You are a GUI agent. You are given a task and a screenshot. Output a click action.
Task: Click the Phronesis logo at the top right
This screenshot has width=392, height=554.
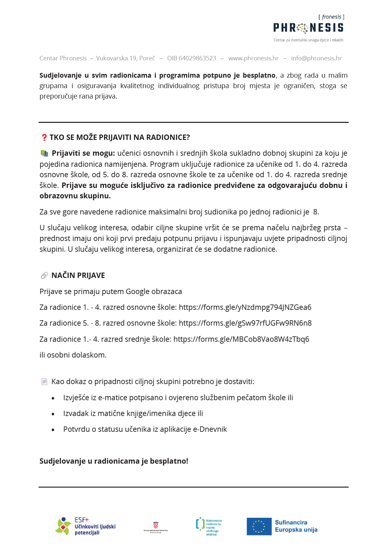point(308,28)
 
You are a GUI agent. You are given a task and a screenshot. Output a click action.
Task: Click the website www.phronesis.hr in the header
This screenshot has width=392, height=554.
point(254,58)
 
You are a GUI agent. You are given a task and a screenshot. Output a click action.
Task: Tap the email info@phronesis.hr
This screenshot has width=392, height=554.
point(316,58)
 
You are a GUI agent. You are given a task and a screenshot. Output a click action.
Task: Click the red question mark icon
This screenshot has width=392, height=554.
point(44,137)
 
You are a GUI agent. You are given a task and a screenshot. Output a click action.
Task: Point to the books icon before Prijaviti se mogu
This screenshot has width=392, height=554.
point(45,154)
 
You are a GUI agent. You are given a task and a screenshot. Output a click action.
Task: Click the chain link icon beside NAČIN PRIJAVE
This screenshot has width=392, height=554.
point(44,275)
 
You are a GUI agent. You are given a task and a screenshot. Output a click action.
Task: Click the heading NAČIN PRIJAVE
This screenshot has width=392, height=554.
point(78,275)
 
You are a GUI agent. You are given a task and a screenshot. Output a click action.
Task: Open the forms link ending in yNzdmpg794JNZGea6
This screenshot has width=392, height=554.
point(245,307)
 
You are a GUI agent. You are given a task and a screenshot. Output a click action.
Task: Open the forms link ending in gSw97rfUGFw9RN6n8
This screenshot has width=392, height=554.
point(245,323)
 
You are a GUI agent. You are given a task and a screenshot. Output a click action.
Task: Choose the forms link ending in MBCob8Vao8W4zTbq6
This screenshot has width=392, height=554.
point(241,339)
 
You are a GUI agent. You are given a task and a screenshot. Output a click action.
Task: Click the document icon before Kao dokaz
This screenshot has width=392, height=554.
point(45,382)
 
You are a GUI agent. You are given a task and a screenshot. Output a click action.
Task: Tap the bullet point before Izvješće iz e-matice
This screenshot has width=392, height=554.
point(53,398)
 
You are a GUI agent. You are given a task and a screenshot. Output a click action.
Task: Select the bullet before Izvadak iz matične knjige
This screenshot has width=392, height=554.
point(53,414)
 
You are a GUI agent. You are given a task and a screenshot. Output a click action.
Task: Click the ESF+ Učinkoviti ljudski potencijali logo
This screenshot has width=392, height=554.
point(85,526)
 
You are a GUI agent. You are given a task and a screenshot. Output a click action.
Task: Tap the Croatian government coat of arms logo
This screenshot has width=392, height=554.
point(156,527)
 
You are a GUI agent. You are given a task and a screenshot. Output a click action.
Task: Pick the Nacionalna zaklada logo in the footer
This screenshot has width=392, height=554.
point(209,527)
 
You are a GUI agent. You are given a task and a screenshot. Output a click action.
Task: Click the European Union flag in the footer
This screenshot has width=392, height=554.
point(259,527)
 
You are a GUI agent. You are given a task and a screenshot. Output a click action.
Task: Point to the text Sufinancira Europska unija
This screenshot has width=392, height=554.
point(296,526)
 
